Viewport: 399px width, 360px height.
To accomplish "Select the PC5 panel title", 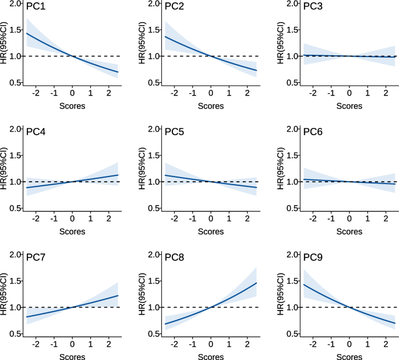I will click(x=174, y=132).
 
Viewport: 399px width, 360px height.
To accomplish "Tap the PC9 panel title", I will click(x=313, y=257).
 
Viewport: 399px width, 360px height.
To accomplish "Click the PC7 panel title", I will click(x=36, y=257).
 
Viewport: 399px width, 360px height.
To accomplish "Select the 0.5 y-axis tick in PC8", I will click(x=156, y=333).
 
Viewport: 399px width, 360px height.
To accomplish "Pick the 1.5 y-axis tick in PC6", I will click(x=294, y=156).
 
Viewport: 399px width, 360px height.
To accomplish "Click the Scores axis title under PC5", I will click(x=210, y=231).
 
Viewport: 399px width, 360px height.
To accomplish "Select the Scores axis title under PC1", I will click(x=72, y=106).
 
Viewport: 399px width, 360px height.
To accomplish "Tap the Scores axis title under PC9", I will click(x=349, y=357).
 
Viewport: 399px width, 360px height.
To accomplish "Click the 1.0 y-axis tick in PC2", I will click(x=156, y=56).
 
